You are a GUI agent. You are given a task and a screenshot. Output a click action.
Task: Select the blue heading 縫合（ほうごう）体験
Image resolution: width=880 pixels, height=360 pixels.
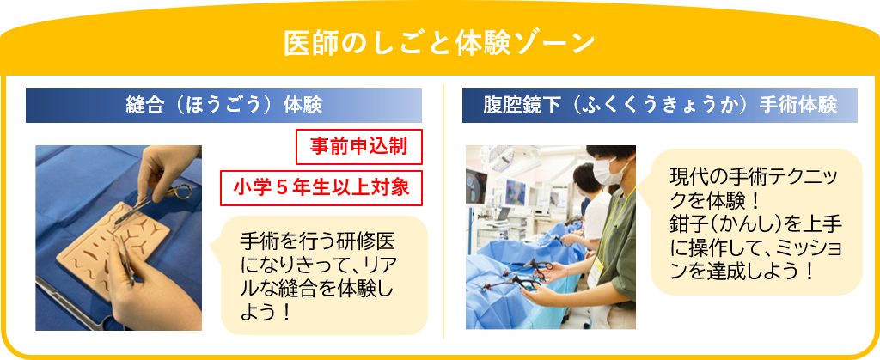click(223, 106)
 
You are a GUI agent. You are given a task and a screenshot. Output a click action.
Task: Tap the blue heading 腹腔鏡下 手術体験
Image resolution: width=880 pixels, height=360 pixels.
click(660, 106)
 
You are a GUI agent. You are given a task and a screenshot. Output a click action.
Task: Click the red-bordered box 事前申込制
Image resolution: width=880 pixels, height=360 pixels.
click(358, 146)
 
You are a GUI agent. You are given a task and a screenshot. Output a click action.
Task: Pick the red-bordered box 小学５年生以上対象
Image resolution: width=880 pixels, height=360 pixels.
click(321, 187)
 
